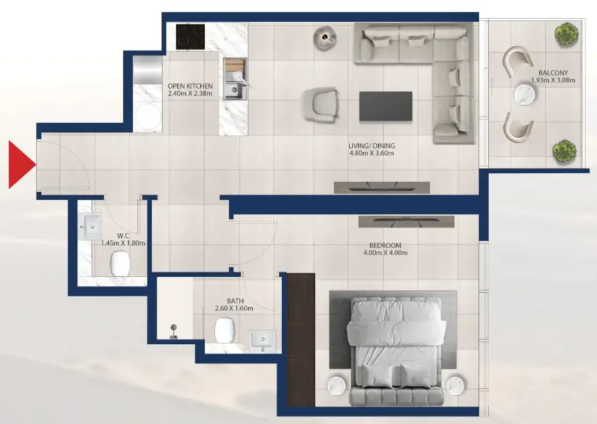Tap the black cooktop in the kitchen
coord(191,37)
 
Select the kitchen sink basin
coord(233,89)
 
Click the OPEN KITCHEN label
coord(190,86)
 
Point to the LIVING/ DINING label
coord(371,146)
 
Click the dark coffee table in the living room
coord(386,106)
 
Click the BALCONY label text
coord(553,72)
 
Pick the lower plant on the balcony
coord(564,151)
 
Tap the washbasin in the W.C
coord(90,226)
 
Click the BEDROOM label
coord(385,245)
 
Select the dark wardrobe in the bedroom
coord(301,340)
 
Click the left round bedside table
coord(336,385)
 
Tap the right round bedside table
coord(456,385)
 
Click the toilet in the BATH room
coord(224,330)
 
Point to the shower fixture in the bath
coord(174,332)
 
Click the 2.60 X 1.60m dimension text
coord(234,308)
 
